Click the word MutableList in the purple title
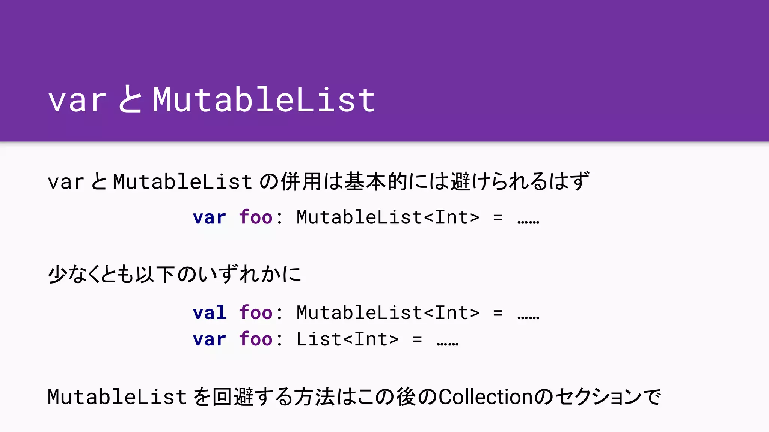[x=264, y=99]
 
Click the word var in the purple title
[x=77, y=100]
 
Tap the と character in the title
[x=130, y=99]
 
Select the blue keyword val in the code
[x=209, y=313]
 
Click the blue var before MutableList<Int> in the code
[x=209, y=217]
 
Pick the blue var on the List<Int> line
[x=209, y=339]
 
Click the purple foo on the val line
[x=255, y=313]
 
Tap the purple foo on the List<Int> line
[x=255, y=339]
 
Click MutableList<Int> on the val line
[x=388, y=312]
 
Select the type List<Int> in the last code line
[x=347, y=339]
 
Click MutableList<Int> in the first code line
[x=388, y=217]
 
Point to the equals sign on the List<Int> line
[x=417, y=340]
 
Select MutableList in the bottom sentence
[x=117, y=397]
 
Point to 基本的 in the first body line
[x=376, y=181]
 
